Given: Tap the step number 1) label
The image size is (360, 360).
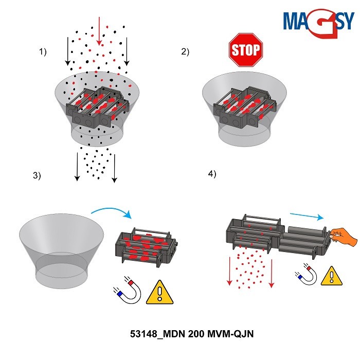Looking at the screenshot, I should [43, 51].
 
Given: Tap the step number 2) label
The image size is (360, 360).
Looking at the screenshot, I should [185, 51].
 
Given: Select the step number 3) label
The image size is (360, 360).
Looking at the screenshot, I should [37, 175].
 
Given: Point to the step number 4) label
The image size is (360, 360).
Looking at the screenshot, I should [212, 174].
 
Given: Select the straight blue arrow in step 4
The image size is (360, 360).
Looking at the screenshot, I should [307, 215].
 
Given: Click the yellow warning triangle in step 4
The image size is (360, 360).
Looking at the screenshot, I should [331, 276].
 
